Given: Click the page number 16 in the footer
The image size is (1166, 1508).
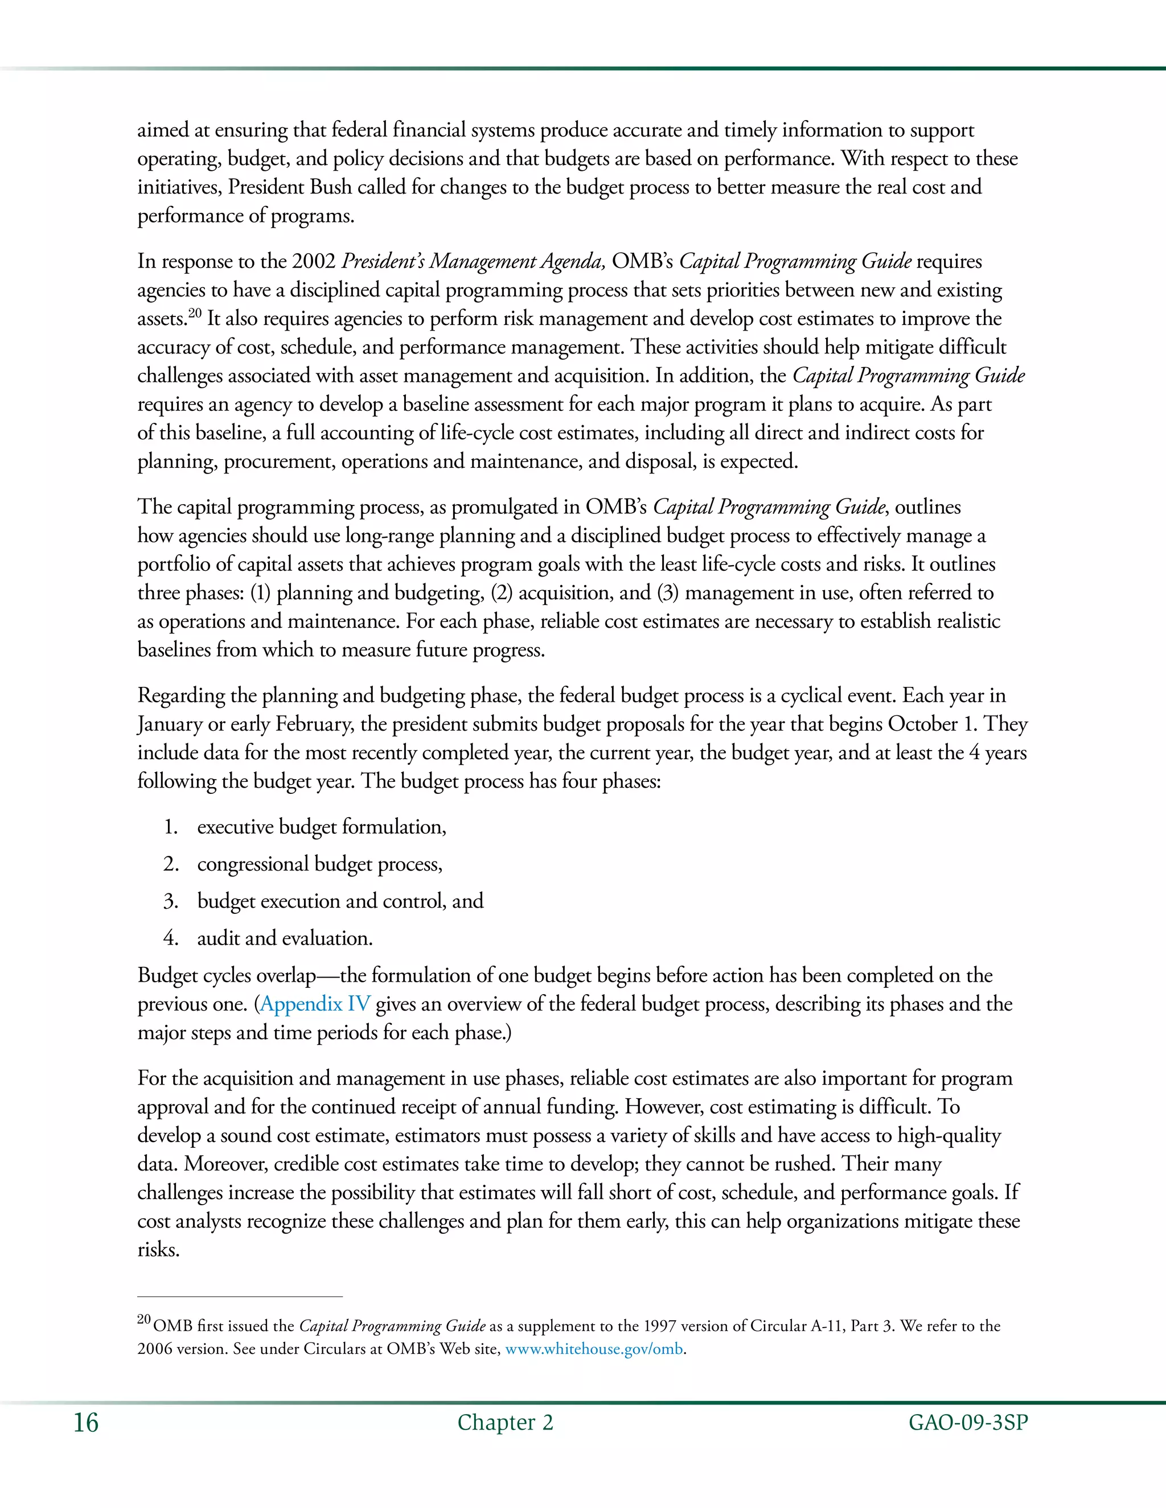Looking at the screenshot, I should coord(87,1423).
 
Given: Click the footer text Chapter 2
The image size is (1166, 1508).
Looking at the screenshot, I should coord(505,1423).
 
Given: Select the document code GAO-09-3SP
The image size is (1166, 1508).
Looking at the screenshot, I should coord(968,1423).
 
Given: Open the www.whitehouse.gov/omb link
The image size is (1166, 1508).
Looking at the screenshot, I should coord(594,1349).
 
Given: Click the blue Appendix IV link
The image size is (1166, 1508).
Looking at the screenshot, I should coord(315,1004).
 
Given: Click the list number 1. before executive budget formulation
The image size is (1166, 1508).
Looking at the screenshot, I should coord(171,827).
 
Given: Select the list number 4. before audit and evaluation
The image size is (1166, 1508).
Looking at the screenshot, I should coord(171,938).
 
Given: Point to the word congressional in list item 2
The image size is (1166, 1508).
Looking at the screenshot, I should coord(252,864).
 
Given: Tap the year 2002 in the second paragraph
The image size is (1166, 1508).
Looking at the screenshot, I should coord(314,262).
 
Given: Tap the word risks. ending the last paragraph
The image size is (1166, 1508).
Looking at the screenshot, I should coord(158,1250).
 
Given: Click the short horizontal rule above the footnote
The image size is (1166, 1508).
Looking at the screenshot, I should coord(240,1297).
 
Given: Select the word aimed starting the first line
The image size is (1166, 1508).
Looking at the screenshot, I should coord(163,130).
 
